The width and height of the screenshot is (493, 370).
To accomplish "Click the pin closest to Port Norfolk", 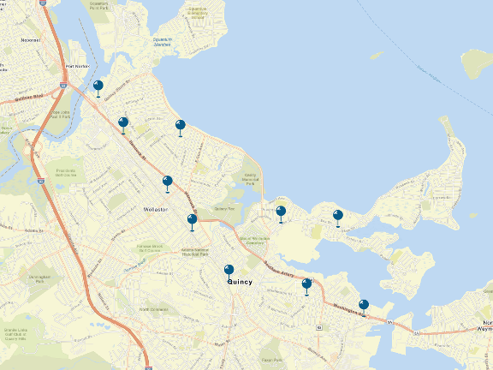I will pos(98,87).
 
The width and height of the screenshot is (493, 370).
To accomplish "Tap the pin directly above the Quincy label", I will pos(229,271).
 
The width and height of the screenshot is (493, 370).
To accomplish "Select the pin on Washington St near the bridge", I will pos(364,305).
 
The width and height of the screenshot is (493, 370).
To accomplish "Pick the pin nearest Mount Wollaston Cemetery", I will pos(281,212).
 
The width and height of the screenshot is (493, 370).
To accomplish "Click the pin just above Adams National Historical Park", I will pos(192,220).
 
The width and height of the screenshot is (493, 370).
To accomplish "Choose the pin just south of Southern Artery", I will pos(306,284).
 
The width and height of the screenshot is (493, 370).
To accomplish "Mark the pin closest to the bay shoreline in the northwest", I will pos(180,126).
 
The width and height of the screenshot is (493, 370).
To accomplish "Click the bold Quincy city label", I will pos(240,281).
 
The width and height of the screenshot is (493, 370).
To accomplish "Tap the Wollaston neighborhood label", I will pos(147,209).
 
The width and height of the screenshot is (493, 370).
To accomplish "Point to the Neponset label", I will pos(30,39).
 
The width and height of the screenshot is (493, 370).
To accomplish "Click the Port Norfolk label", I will pos(77,66).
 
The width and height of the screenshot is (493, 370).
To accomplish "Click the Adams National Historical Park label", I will pos(195,252).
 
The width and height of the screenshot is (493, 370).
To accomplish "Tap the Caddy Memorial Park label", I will pos(249,179).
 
